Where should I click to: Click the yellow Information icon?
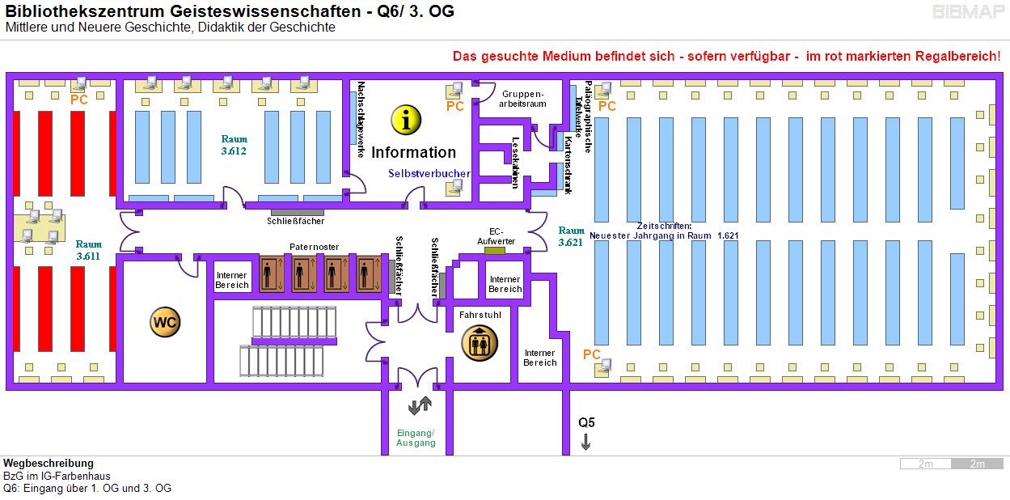(x=406, y=120)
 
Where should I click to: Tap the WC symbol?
(x=165, y=322)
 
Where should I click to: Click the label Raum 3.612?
(x=234, y=145)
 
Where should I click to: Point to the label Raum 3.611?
(x=89, y=250)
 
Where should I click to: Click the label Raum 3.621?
(x=571, y=235)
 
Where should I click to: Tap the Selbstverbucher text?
(x=429, y=173)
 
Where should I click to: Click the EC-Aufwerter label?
(x=496, y=235)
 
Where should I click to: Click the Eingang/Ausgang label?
(x=416, y=438)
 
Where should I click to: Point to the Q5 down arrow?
(x=585, y=442)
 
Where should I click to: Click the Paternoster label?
(x=315, y=247)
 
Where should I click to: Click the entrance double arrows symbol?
(x=419, y=405)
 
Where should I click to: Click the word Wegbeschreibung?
(x=48, y=464)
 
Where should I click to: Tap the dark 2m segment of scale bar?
(x=977, y=464)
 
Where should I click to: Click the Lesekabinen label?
(x=515, y=163)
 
